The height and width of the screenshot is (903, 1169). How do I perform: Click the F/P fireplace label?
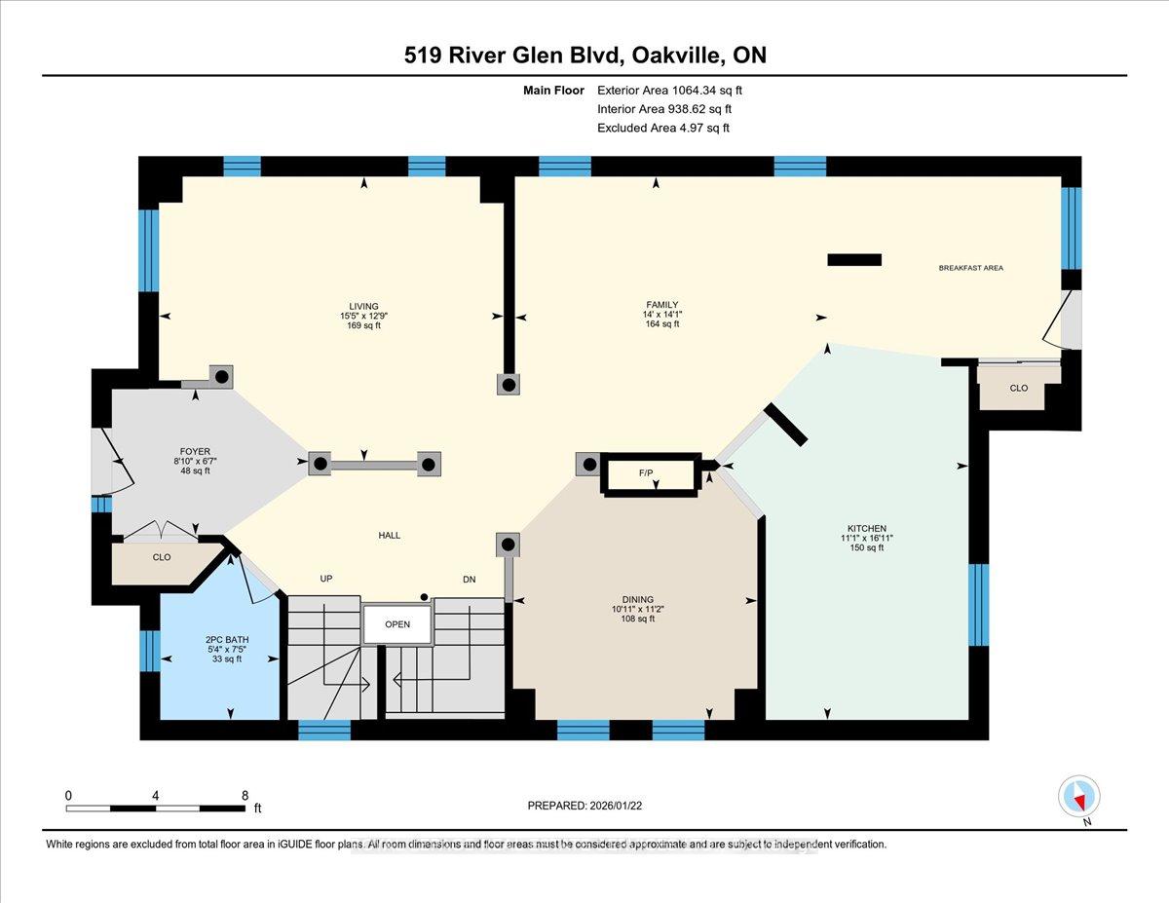646,472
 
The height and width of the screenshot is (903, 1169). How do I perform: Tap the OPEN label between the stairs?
397,623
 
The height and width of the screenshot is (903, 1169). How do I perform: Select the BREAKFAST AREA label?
970,268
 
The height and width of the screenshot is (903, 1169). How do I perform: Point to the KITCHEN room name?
867,528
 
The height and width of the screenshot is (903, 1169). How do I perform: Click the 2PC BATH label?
227,639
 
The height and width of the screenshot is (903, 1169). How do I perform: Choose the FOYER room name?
195,451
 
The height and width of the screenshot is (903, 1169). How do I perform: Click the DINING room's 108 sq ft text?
638,619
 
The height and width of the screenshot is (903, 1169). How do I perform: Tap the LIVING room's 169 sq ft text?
363,325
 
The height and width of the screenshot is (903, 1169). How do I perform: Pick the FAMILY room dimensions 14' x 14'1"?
662,314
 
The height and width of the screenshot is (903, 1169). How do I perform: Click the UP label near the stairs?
326,579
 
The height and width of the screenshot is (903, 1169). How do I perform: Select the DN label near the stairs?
470,580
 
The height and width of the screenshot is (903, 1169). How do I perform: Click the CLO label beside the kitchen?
1019,388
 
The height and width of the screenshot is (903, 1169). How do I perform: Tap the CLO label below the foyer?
162,557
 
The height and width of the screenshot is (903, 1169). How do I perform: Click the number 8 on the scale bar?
245,796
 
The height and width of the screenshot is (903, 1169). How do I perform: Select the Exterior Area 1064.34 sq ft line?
669,91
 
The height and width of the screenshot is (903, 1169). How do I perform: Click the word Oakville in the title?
675,56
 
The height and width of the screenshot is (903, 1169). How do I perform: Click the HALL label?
389,535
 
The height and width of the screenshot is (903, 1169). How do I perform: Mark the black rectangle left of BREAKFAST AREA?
854,260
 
